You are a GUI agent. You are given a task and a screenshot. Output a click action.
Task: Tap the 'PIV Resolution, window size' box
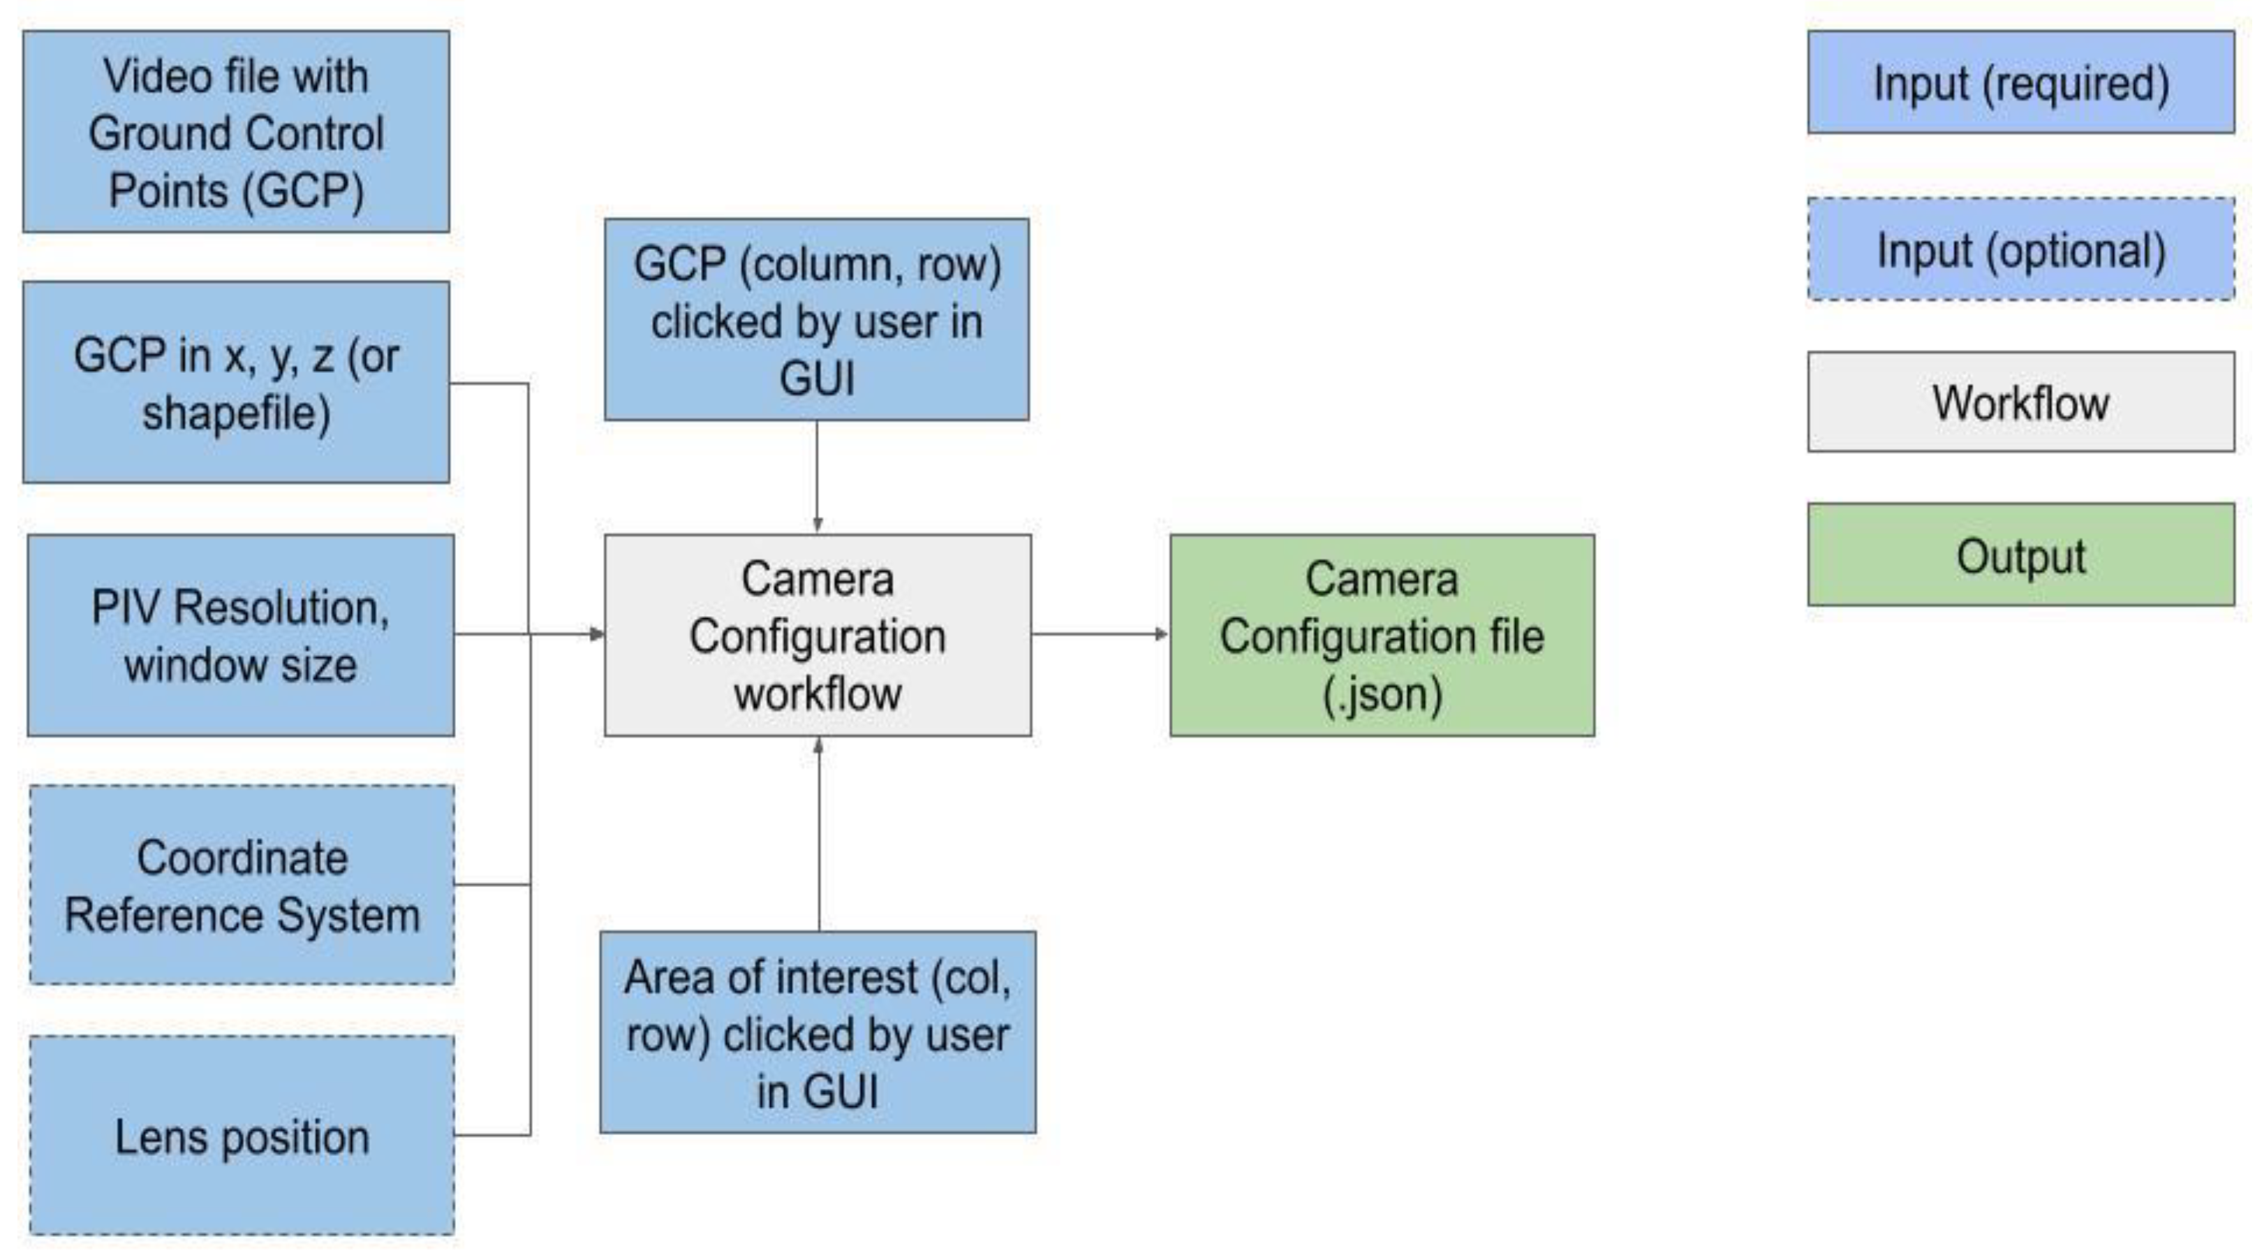point(241,635)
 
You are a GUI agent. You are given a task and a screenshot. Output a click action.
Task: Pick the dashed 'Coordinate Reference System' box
point(242,884)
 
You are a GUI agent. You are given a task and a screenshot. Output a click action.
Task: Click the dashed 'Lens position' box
point(242,1136)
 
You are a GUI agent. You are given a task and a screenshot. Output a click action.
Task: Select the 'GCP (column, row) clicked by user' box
point(817,320)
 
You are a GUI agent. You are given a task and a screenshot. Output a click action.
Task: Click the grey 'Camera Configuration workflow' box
point(818,635)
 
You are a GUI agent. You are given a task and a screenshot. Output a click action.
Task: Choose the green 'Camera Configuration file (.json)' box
point(1382,635)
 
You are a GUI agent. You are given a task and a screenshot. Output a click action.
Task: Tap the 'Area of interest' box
point(818,1032)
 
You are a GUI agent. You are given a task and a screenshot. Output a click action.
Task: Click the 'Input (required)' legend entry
point(2020,82)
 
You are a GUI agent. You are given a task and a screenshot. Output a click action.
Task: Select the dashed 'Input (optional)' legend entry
point(2020,249)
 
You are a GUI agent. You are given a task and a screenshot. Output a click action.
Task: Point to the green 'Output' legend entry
point(2020,555)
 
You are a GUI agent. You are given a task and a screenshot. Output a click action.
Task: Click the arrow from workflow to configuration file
point(1100,634)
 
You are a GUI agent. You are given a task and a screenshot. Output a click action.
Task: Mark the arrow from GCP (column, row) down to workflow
point(817,477)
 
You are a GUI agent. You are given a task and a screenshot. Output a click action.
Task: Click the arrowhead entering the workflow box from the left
point(597,634)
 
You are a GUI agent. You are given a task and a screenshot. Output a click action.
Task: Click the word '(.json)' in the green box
point(1382,694)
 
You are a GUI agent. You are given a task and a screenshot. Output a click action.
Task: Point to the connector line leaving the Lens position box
point(492,1135)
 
